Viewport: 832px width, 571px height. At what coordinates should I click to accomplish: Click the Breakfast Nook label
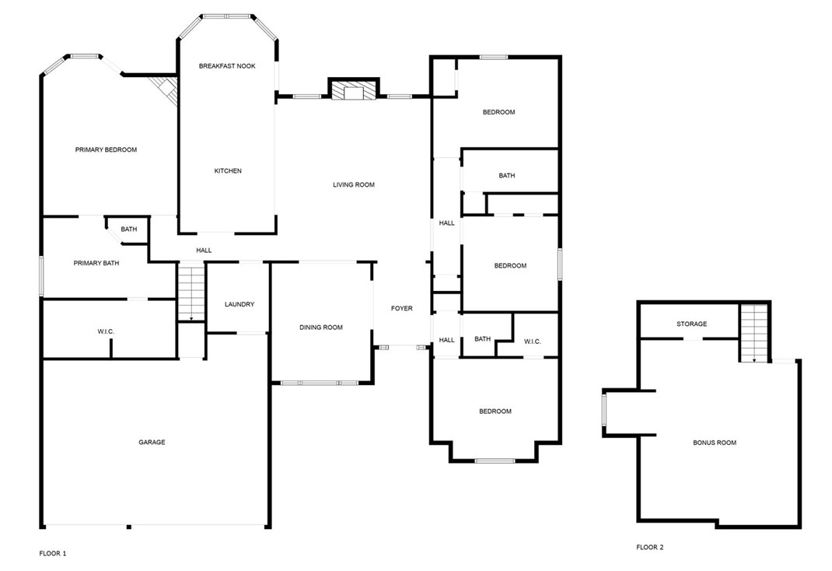[227, 66]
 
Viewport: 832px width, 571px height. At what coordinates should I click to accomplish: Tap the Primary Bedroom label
[106, 149]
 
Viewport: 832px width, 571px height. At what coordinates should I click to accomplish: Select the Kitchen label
[228, 171]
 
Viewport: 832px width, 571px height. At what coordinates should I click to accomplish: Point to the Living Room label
[354, 185]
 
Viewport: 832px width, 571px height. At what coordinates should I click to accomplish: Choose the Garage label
[152, 442]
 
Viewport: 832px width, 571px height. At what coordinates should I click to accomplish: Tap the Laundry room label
[239, 304]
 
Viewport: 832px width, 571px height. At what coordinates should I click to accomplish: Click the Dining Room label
[321, 328]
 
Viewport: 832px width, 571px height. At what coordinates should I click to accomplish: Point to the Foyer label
[401, 309]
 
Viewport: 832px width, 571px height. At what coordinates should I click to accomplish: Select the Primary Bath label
[96, 263]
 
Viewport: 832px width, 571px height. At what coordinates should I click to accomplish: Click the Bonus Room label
[715, 443]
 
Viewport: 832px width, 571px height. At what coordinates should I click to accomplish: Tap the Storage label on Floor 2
[692, 324]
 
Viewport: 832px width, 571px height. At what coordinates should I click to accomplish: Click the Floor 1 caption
[53, 553]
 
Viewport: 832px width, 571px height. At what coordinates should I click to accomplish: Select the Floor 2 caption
[650, 547]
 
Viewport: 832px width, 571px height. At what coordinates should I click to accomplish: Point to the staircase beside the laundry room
[190, 293]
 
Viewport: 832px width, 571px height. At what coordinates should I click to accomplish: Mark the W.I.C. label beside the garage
[106, 331]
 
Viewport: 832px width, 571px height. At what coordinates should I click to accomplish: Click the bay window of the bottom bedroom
[495, 461]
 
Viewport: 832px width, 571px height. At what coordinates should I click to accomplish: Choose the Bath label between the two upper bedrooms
[507, 176]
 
